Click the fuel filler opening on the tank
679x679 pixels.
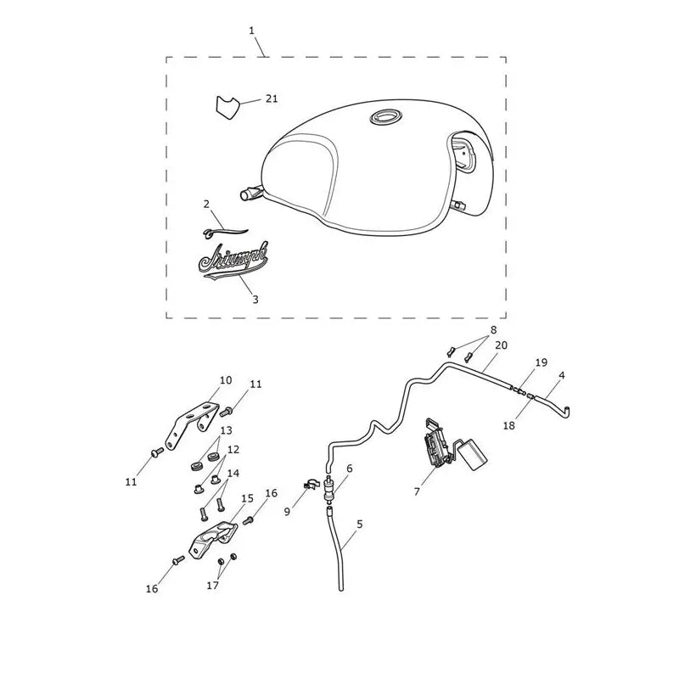click(x=386, y=116)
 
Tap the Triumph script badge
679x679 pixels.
click(x=233, y=261)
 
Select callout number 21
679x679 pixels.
click(x=272, y=98)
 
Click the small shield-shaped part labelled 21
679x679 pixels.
click(x=227, y=107)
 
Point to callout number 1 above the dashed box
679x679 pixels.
click(x=251, y=31)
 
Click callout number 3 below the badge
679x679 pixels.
click(x=255, y=300)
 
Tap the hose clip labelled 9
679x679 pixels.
click(x=310, y=485)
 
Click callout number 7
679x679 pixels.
click(x=417, y=491)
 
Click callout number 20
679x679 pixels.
click(x=501, y=345)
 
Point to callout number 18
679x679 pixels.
click(x=508, y=426)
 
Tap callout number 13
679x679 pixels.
click(x=227, y=430)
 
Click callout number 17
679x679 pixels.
click(x=213, y=586)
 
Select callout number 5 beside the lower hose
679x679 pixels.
click(x=360, y=524)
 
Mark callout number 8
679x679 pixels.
click(x=493, y=330)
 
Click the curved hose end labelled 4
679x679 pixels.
click(x=554, y=406)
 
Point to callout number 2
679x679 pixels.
click(x=206, y=204)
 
